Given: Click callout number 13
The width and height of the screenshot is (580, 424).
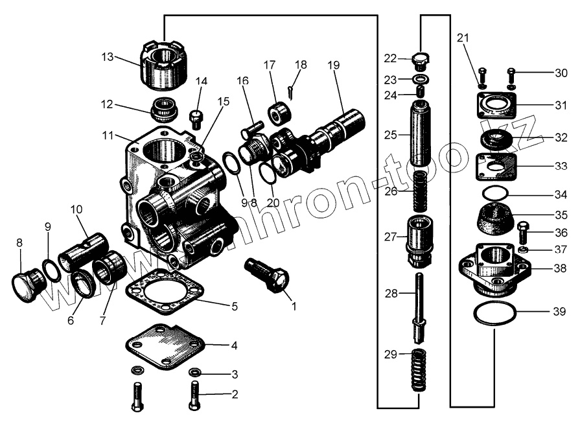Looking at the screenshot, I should click(x=108, y=57).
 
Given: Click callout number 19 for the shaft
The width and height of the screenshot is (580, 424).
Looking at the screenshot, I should click(x=333, y=65).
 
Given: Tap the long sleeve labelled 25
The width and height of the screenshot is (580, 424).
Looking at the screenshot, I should click(x=422, y=135).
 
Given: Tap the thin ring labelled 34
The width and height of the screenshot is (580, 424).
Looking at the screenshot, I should click(x=496, y=193).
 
